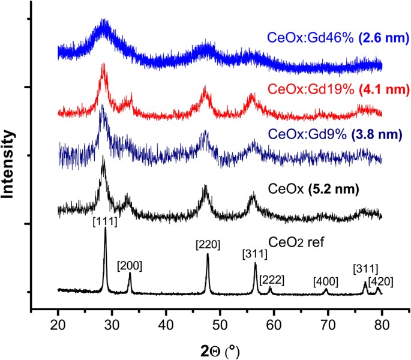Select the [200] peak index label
click(x=130, y=265)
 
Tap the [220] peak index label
click(x=207, y=244)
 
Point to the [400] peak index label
click(x=325, y=281)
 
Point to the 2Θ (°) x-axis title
click(x=220, y=348)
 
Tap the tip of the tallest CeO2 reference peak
click(x=106, y=229)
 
